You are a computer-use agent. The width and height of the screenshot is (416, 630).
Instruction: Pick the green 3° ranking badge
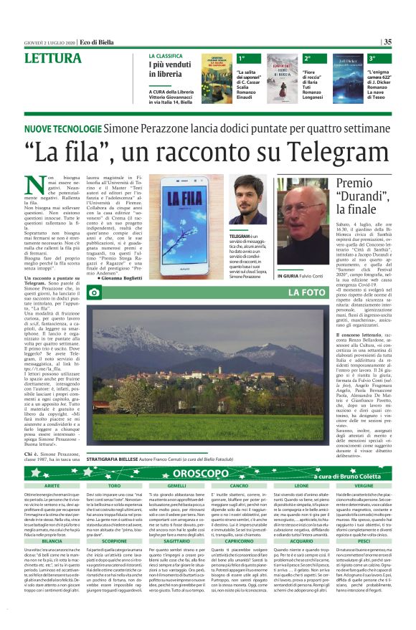coord(372,57)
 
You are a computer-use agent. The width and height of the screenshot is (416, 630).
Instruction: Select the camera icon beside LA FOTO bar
coord(93,293)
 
